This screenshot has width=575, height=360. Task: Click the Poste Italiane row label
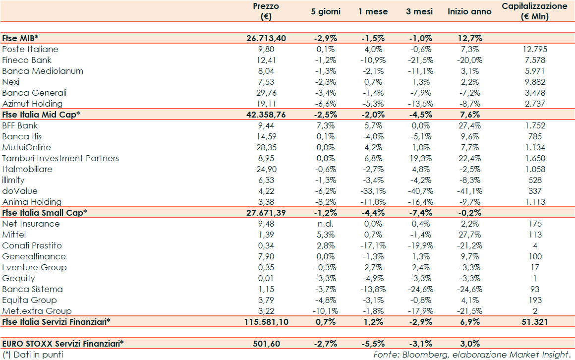tap(30, 49)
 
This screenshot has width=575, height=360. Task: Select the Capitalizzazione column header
tap(534, 11)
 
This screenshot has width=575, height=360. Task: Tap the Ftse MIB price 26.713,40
tap(266, 38)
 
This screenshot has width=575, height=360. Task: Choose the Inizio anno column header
tap(469, 11)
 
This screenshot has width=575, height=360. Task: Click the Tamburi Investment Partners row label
tap(60, 158)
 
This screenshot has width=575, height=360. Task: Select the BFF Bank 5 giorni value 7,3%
tap(326, 125)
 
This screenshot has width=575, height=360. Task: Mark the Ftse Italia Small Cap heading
tap(45, 213)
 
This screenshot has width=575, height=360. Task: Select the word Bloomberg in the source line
tap(420, 355)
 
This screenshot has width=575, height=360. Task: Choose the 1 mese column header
tap(373, 11)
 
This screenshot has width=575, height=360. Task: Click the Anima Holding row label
tap(32, 202)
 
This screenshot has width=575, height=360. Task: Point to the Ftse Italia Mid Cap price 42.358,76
tap(266, 115)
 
